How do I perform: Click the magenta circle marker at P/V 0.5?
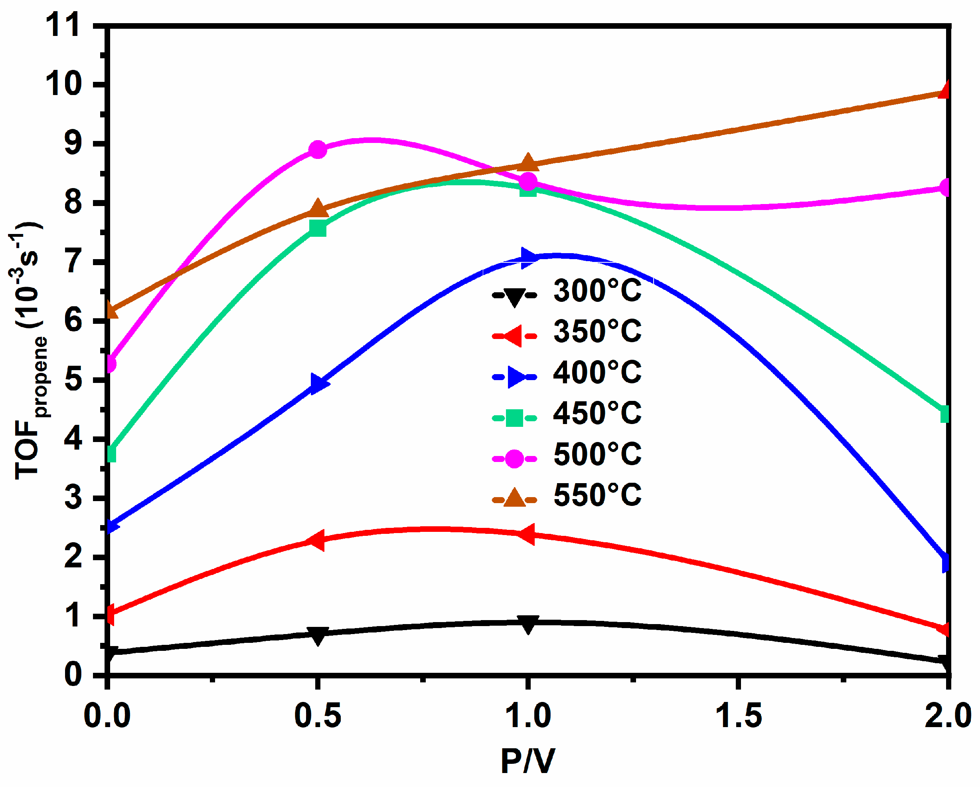tap(318, 149)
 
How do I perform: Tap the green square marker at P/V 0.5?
tap(318, 228)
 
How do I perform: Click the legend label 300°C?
tap(597, 291)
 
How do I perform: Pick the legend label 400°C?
tap(597, 372)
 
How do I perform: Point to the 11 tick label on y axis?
tap(63, 25)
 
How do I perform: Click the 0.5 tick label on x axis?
tap(318, 716)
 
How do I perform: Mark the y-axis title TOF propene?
tap(28, 350)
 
